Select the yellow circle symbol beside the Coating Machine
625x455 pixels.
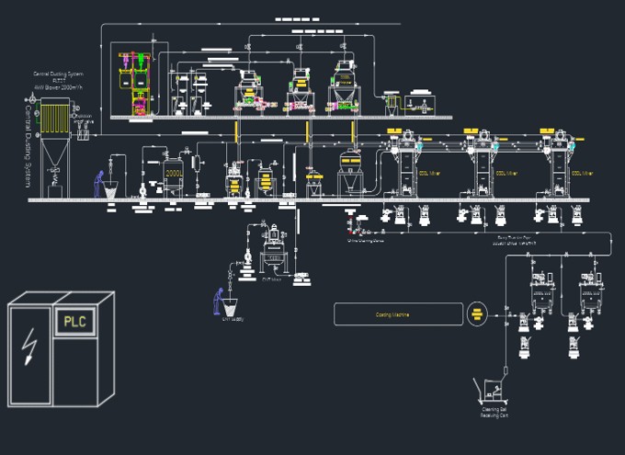click(476, 313)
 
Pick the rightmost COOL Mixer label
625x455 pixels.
click(582, 172)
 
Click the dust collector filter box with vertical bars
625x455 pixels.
click(55, 119)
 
